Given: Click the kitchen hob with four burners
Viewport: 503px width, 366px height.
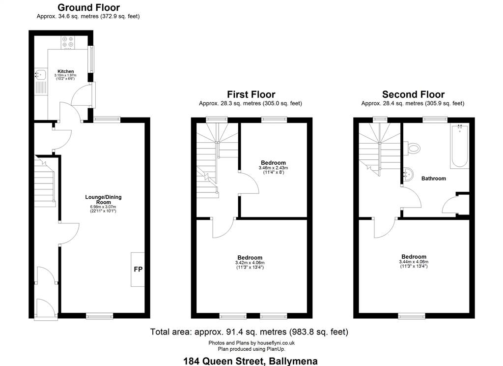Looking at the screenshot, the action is coord(68,42).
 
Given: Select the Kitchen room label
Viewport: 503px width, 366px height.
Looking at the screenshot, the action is coord(66,71).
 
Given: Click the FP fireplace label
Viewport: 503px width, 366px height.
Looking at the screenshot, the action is coord(138,269).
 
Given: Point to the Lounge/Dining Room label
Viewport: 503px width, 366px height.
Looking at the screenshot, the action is coord(103,200).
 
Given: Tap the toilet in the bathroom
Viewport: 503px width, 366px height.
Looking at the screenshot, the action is coord(412,148).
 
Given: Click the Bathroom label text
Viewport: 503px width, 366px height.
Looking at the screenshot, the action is coord(434,179).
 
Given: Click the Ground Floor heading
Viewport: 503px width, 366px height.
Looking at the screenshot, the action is coord(88,7).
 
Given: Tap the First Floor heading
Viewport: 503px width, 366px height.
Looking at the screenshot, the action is coord(251,94).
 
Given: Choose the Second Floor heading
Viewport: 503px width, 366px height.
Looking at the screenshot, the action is coord(413,94).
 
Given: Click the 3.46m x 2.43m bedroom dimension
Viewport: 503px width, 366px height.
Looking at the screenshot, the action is coord(273,168).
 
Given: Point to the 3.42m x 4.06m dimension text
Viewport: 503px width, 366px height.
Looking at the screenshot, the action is coord(250,263).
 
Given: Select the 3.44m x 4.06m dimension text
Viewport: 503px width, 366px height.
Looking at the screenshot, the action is coord(414,262).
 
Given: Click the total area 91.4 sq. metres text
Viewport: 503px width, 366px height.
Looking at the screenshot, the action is coord(249,332).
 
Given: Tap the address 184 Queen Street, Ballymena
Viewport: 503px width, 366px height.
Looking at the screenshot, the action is coord(251,361).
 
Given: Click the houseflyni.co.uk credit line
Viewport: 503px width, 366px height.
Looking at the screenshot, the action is coord(251,343).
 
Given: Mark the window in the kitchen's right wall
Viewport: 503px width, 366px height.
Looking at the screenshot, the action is coord(91,59).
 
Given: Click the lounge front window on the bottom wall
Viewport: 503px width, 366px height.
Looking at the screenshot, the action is coord(99,316).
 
